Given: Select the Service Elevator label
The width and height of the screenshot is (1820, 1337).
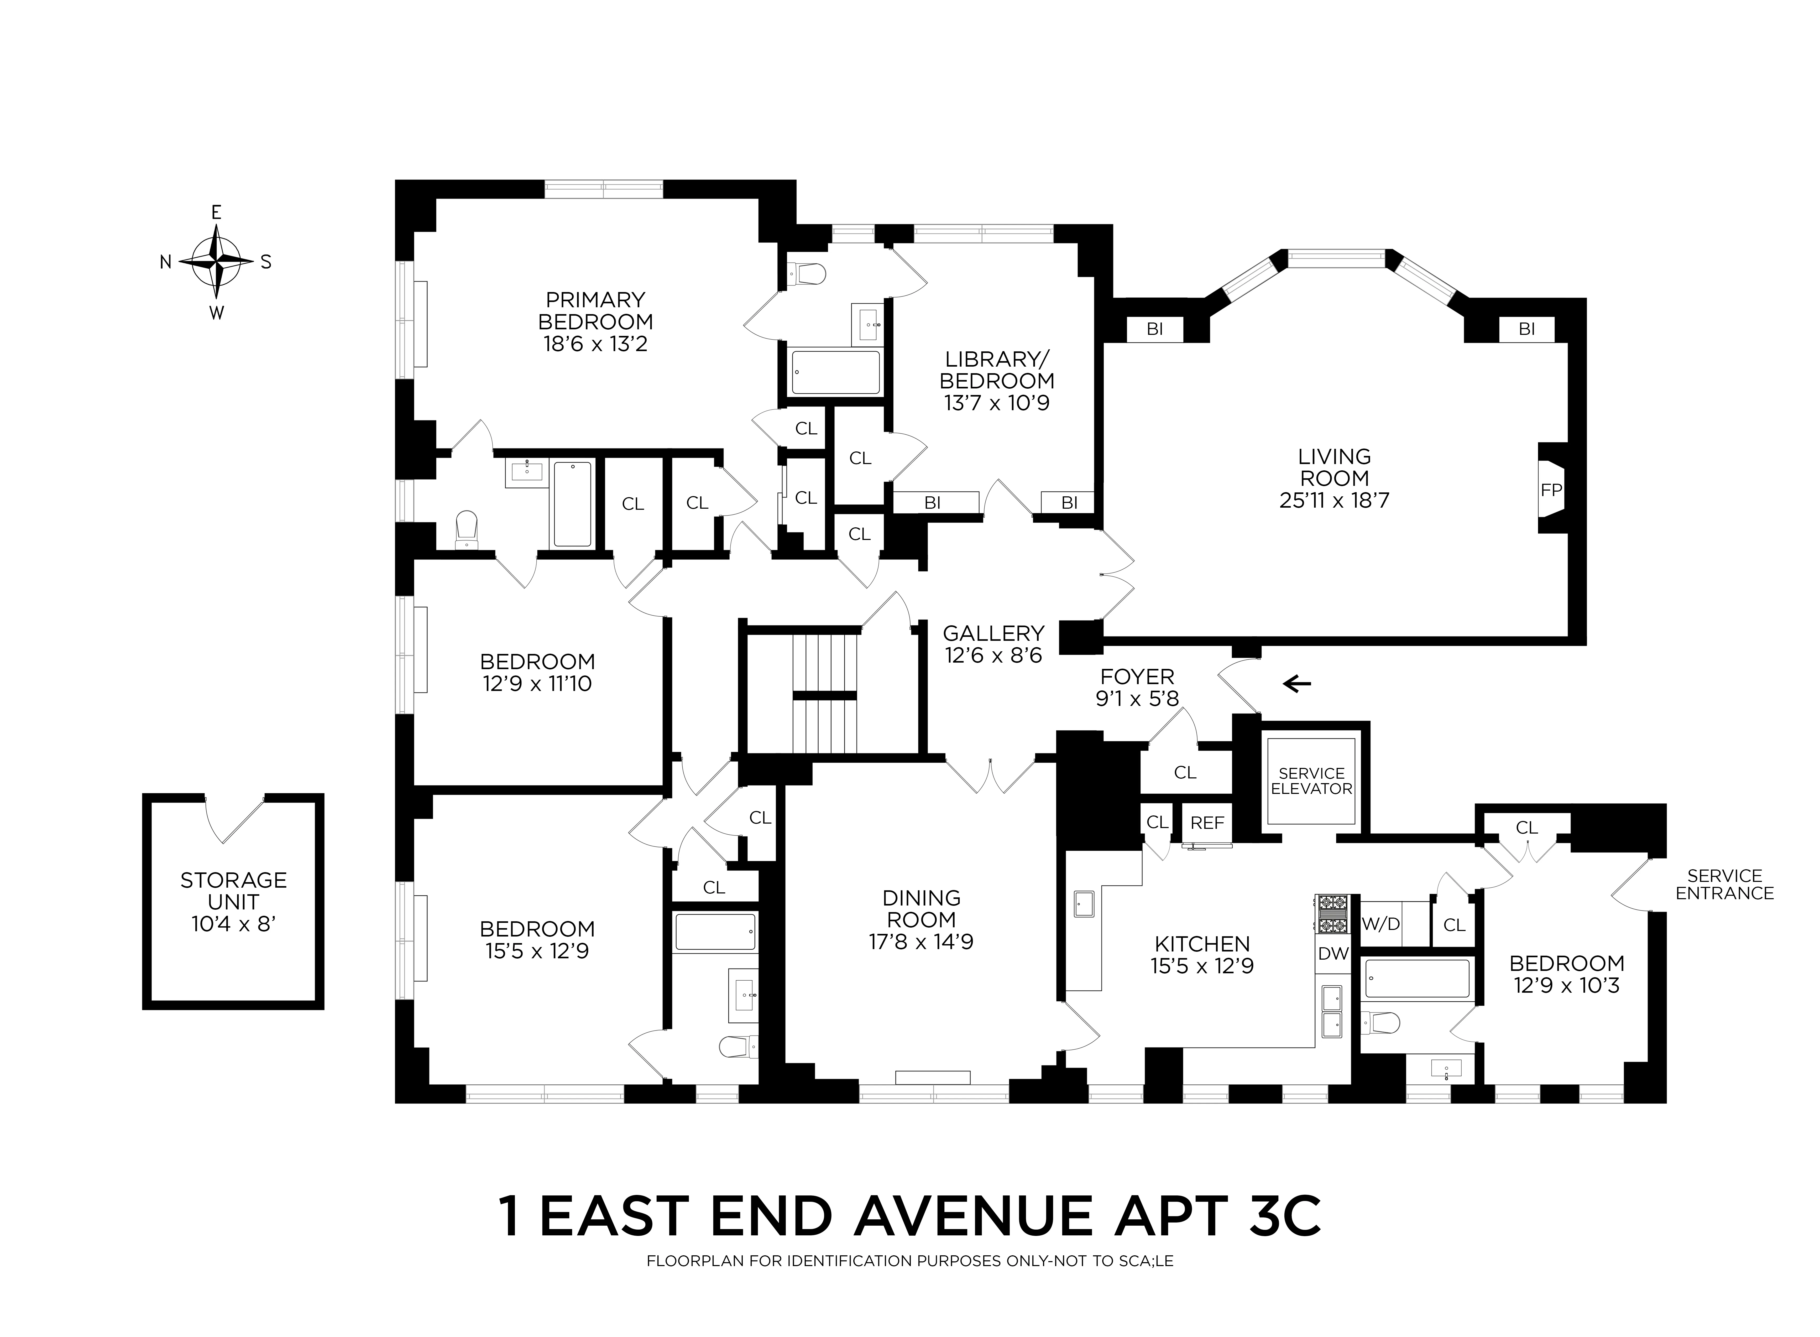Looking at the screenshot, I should (x=1311, y=781).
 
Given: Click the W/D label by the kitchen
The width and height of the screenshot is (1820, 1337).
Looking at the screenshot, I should (x=1381, y=923).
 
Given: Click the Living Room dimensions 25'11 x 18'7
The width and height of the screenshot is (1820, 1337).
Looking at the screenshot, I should (x=1334, y=500).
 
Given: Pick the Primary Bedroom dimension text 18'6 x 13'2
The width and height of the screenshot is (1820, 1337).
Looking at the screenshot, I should (x=595, y=344).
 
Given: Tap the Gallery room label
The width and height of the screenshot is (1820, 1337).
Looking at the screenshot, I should (x=993, y=633).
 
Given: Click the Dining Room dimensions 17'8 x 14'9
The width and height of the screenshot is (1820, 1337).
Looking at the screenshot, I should (x=921, y=941).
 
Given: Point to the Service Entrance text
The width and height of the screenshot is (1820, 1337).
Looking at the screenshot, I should (x=1724, y=885).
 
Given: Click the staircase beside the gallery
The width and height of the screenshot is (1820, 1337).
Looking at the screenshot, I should (x=825, y=694).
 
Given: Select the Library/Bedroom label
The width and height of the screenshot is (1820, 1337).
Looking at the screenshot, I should (x=997, y=369).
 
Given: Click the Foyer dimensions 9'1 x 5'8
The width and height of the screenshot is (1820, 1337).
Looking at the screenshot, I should (x=1137, y=699).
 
